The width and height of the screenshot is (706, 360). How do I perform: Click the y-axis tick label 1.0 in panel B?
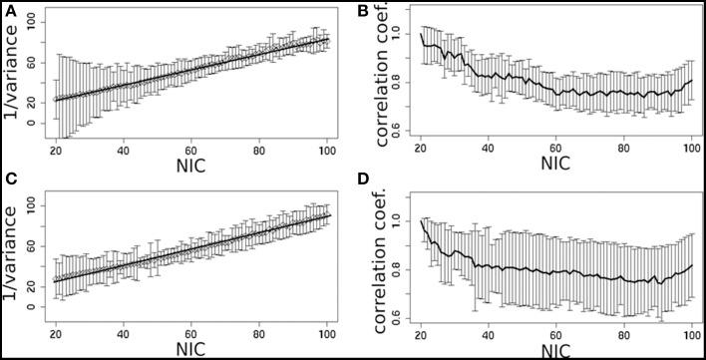click(401, 36)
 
